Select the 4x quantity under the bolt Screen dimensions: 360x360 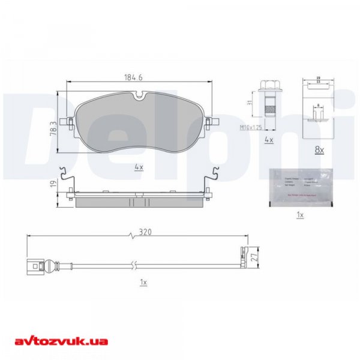(x=269, y=140)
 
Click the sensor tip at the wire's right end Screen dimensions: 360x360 (x=243, y=257)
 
